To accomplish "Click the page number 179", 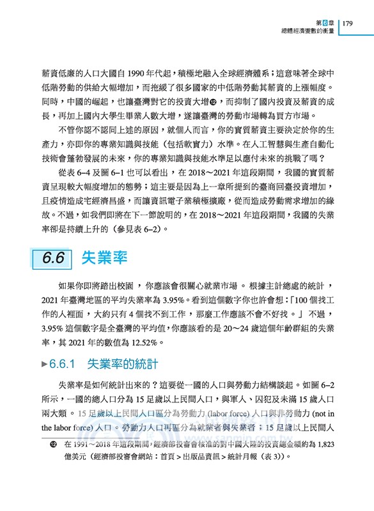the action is click(348, 24).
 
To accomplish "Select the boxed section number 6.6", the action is click(52, 258).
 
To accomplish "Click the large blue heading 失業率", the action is click(104, 258).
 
